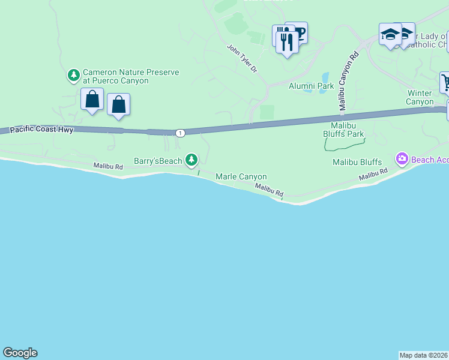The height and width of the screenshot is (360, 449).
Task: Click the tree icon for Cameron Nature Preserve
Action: pyautogui.click(x=74, y=76)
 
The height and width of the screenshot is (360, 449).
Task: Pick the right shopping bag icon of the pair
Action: pyautogui.click(x=119, y=104)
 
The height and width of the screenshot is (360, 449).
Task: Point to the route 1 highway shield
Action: pyautogui.click(x=180, y=132)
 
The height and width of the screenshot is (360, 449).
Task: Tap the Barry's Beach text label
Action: pyautogui.click(x=158, y=161)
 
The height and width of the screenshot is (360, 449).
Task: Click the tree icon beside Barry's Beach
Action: pyautogui.click(x=191, y=159)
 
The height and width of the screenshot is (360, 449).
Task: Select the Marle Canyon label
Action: pyautogui.click(x=241, y=176)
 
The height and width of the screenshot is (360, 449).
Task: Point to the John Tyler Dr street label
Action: pyautogui.click(x=243, y=59)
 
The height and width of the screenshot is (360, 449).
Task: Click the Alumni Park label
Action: pyautogui.click(x=311, y=86)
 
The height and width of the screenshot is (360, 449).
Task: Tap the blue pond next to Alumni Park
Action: pyautogui.click(x=325, y=78)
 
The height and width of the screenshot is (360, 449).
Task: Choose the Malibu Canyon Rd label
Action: pyautogui.click(x=348, y=80)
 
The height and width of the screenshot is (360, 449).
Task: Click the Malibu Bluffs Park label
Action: pyautogui.click(x=343, y=129)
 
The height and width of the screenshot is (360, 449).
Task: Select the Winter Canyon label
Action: pyautogui.click(x=420, y=97)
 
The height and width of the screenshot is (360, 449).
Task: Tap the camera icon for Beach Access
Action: pyautogui.click(x=402, y=159)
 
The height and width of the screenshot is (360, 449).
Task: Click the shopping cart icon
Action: pyautogui.click(x=445, y=82)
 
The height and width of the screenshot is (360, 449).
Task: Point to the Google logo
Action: pyautogui.click(x=20, y=353)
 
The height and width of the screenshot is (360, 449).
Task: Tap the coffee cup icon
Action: pyautogui.click(x=298, y=32)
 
